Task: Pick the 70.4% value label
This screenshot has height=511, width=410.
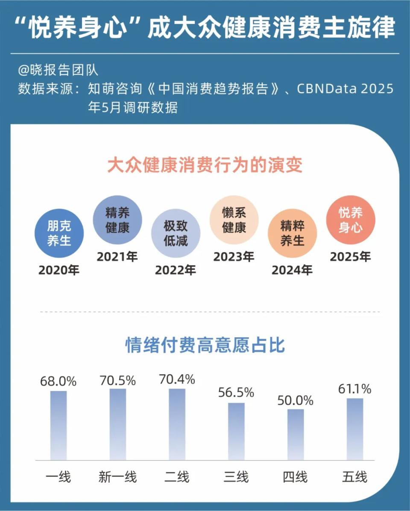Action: (177, 379)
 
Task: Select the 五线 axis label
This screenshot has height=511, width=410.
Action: (354, 476)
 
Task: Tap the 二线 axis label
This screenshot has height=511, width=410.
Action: (177, 476)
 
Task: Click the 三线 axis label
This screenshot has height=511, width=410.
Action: (236, 476)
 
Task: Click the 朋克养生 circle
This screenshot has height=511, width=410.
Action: (59, 233)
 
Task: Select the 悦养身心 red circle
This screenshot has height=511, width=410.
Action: (351, 220)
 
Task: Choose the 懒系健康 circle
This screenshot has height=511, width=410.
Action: (234, 220)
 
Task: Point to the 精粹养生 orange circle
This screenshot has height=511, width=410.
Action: (292, 233)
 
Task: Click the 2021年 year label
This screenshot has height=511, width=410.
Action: (117, 257)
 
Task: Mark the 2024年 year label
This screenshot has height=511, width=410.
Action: (292, 270)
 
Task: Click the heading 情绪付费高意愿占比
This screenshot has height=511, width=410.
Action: (205, 345)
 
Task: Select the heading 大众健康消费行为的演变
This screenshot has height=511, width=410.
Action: (205, 165)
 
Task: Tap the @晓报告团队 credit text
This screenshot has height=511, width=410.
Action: (58, 70)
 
